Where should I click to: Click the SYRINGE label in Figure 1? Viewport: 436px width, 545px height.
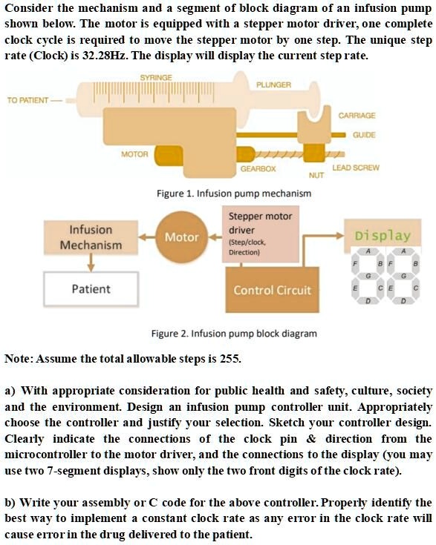(x=156, y=77)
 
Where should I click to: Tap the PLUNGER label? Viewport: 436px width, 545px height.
(x=274, y=85)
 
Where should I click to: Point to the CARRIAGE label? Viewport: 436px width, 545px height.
(x=357, y=116)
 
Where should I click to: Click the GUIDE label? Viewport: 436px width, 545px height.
(x=364, y=135)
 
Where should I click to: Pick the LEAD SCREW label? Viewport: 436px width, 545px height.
(x=356, y=168)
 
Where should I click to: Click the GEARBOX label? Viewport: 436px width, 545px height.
(x=258, y=169)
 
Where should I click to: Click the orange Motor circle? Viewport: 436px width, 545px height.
(x=181, y=237)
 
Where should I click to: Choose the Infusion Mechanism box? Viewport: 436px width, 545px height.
(x=91, y=237)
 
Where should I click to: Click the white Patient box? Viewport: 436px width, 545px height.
(x=91, y=289)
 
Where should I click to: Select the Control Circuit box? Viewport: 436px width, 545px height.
(x=272, y=290)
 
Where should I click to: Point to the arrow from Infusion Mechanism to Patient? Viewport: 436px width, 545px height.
(x=91, y=262)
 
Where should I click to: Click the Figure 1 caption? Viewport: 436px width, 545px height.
(x=234, y=194)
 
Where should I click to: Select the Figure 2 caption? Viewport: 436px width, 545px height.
(x=234, y=334)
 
